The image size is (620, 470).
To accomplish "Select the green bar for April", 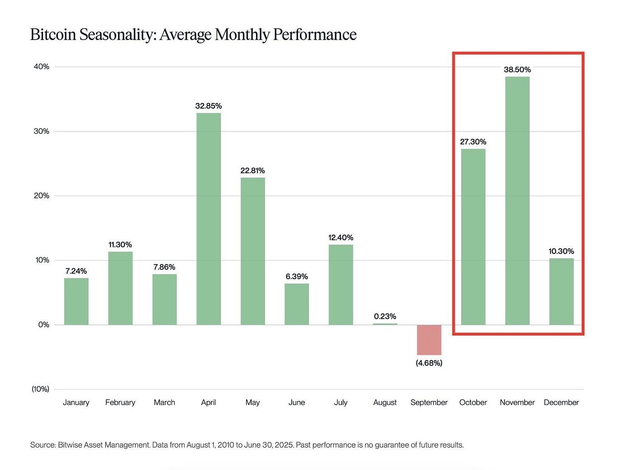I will [x=209, y=219].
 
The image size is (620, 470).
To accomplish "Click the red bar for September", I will [x=429, y=340].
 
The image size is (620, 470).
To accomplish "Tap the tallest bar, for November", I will [x=517, y=201].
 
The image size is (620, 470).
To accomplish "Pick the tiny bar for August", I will [x=385, y=324].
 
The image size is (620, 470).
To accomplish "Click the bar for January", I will [x=76, y=301].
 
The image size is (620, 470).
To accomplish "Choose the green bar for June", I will [x=297, y=304].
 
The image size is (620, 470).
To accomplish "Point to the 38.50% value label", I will [x=517, y=69].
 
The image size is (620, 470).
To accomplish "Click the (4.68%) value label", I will [x=429, y=363].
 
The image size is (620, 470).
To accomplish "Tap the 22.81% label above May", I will [x=253, y=171].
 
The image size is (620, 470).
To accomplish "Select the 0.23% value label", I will [x=385, y=316].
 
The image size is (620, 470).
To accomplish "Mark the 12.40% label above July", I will [x=341, y=238].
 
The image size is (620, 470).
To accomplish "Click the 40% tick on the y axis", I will [x=41, y=67].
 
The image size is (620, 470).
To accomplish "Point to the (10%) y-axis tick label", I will [x=40, y=389].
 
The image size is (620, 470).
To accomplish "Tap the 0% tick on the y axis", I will [x=43, y=325].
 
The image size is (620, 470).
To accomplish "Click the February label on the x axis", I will [x=120, y=403].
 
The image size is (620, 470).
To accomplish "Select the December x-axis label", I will [x=561, y=403].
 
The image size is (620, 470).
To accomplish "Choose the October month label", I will [x=473, y=403].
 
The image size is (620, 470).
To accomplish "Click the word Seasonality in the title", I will [x=118, y=35].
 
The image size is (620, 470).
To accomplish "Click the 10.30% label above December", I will [x=561, y=252].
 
